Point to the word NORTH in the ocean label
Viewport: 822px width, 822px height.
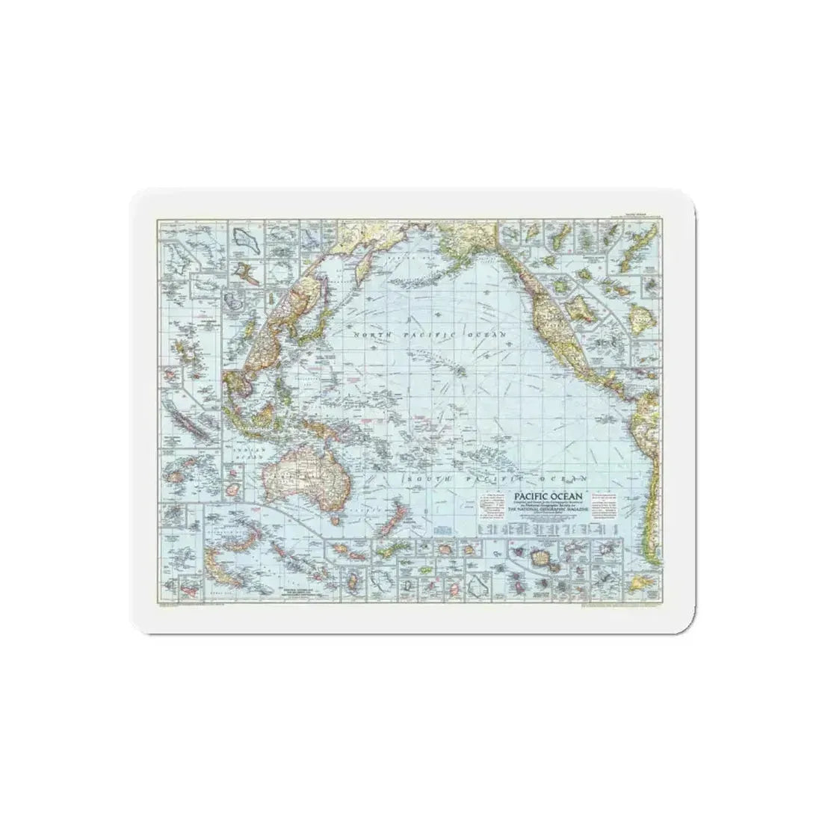373,336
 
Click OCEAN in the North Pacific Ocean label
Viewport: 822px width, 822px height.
486,333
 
